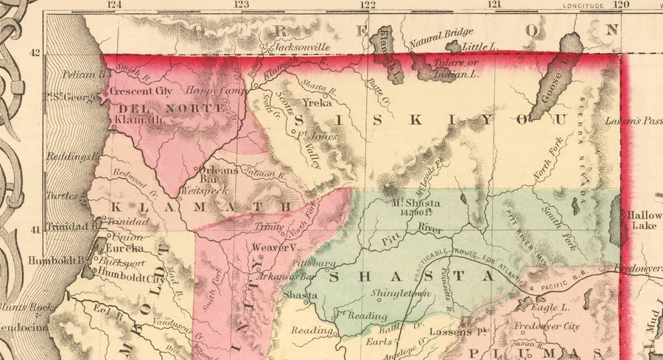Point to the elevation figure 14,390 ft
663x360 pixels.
(415, 213)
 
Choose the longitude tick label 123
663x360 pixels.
(240, 4)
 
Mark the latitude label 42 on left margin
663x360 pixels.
(35, 54)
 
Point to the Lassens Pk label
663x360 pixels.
(460, 331)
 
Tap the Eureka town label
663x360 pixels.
(127, 250)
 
